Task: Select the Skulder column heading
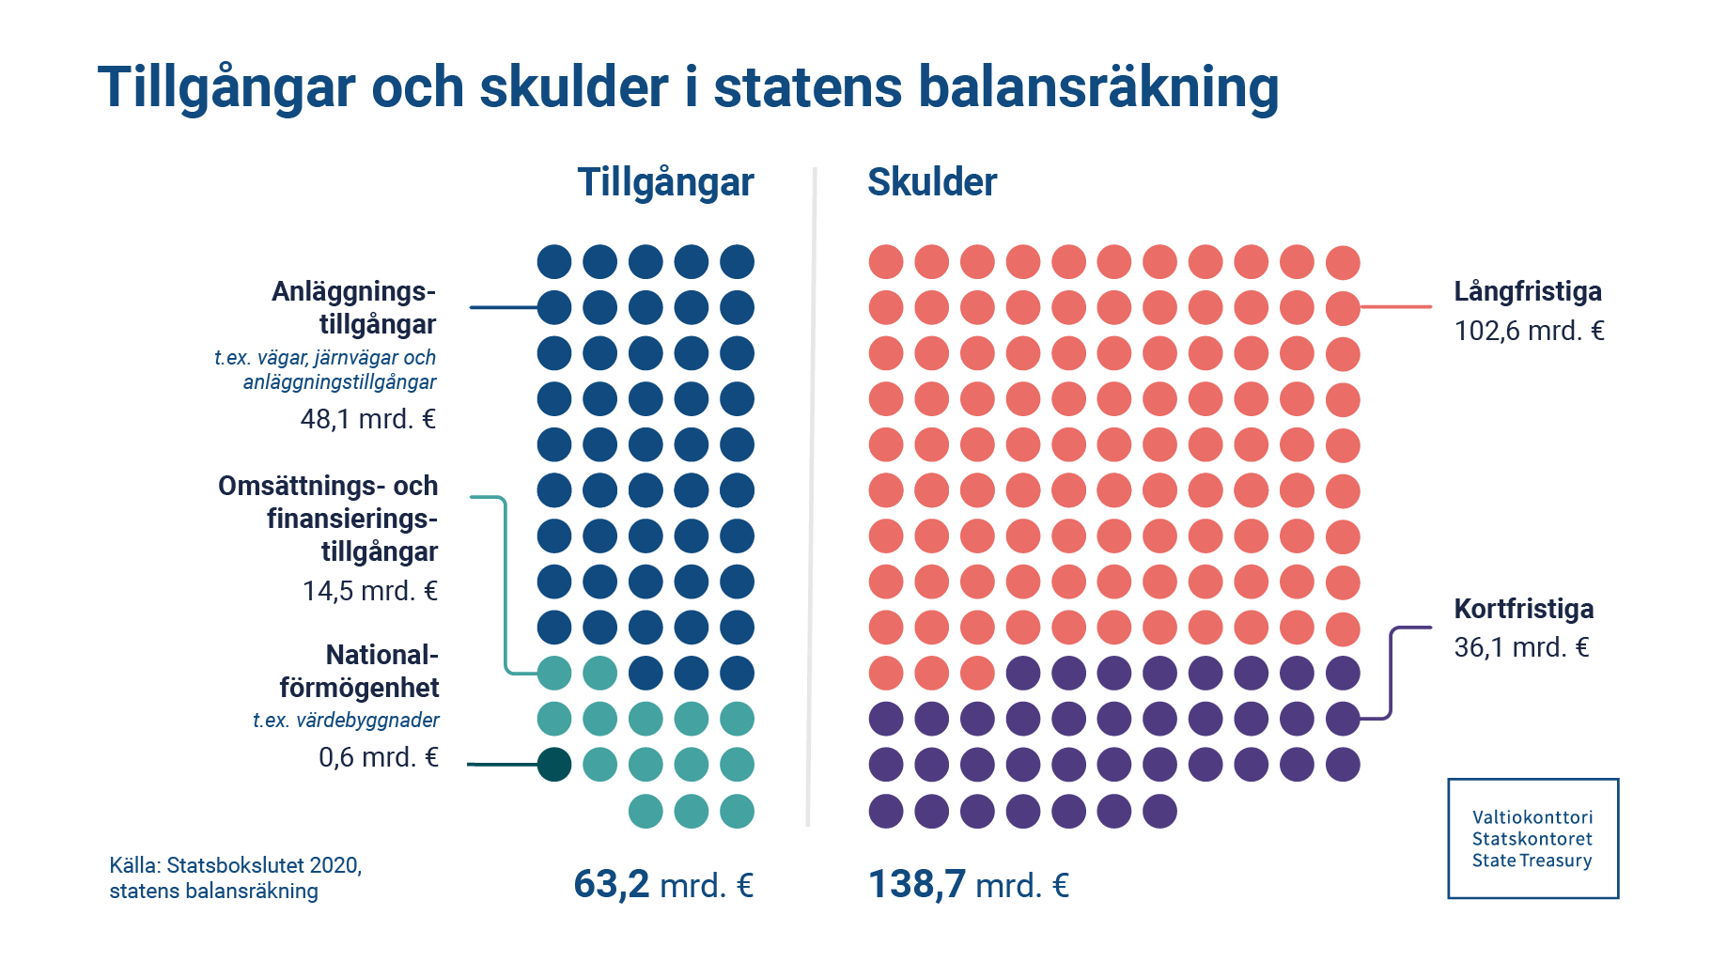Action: coord(931,182)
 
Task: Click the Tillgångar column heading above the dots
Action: coord(665,182)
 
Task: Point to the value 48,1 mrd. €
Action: coord(367,419)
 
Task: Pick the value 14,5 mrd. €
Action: coord(369,591)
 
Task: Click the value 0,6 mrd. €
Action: coord(378,757)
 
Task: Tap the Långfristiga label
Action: coord(1527,291)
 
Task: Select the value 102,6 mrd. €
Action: coord(1529,331)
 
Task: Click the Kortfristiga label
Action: coord(1523,609)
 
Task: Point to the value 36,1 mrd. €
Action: coord(1521,647)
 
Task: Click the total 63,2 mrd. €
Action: coord(663,884)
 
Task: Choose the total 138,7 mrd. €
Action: coord(968,884)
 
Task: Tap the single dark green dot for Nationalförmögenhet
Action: coord(554,765)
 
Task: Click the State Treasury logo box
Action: coord(1532,838)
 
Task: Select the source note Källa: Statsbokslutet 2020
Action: coord(235,865)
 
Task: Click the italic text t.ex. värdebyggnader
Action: coord(346,721)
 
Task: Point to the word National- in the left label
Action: coord(381,655)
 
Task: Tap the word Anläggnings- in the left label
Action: coord(353,291)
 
